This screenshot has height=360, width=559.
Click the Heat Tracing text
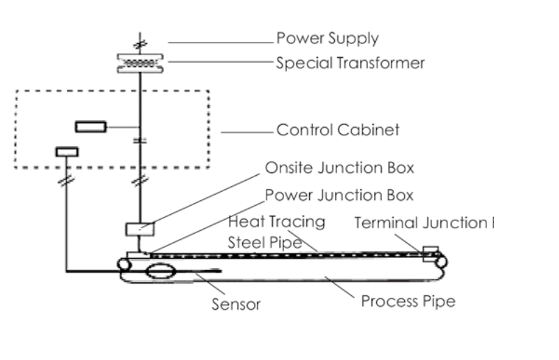[x=277, y=222]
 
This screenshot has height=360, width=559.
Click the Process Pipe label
[x=408, y=301]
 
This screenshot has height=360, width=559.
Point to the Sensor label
[x=236, y=305]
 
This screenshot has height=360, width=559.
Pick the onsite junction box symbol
[x=138, y=228]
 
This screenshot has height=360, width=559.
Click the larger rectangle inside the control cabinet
[x=90, y=126]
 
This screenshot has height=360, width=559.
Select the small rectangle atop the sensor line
[x=67, y=151]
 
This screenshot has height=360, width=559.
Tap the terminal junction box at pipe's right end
[x=430, y=251]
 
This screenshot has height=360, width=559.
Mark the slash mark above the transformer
[x=140, y=43]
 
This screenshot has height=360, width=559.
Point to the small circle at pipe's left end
[x=124, y=264]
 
